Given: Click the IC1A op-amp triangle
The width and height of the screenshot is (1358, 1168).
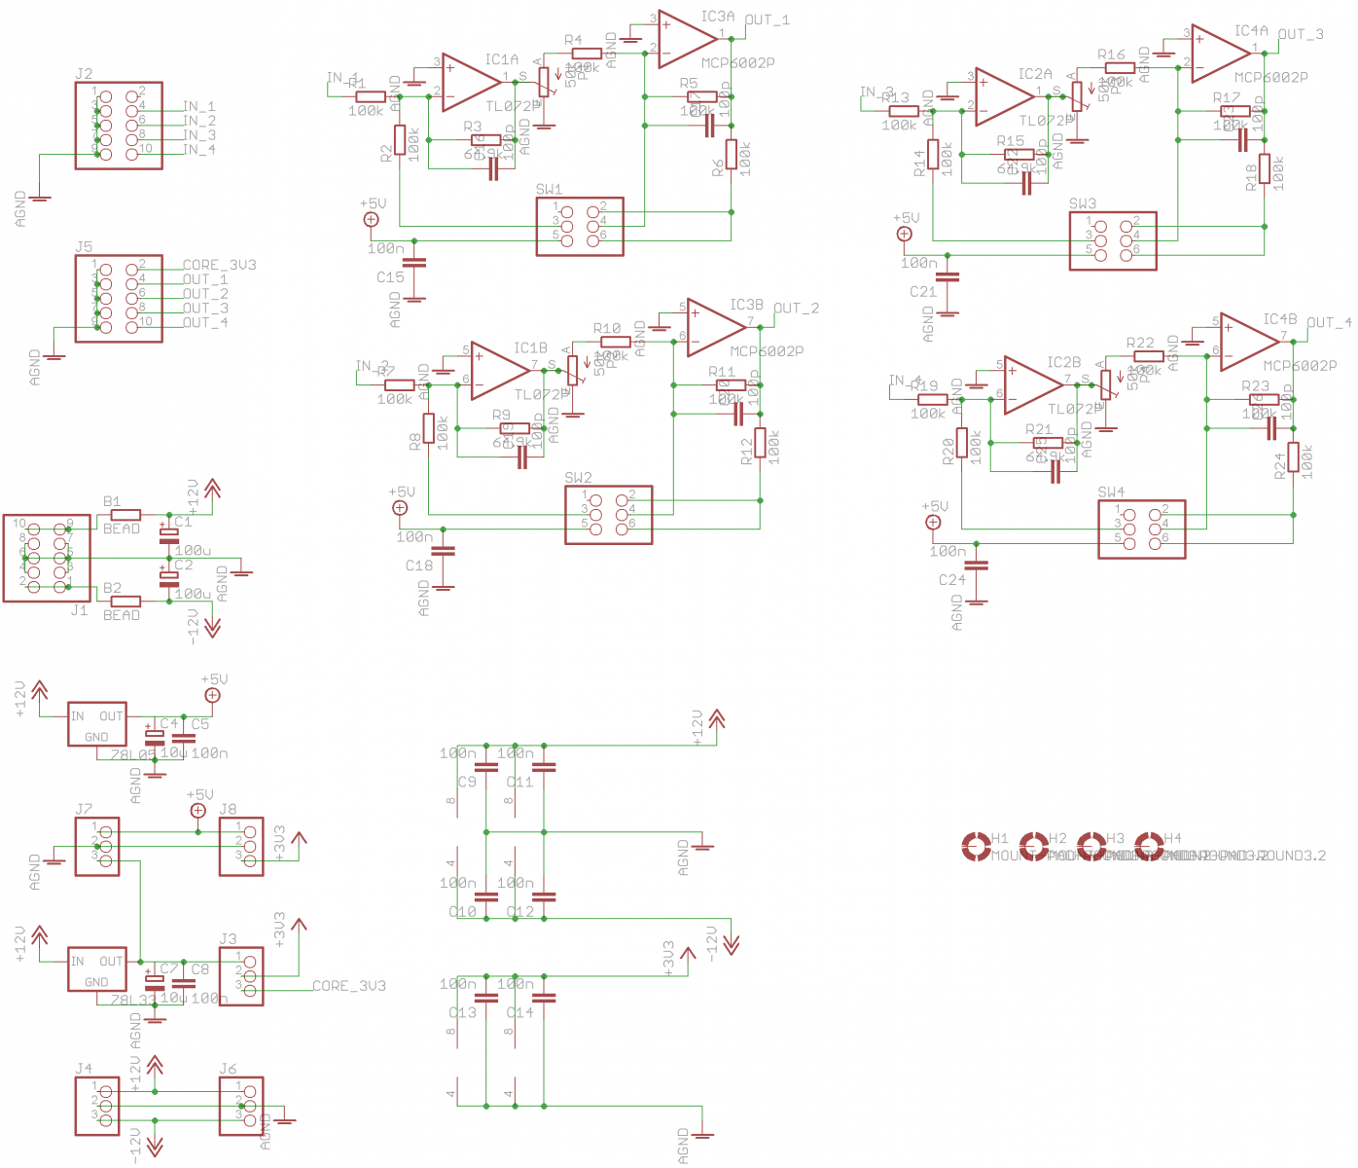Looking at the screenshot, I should (469, 83).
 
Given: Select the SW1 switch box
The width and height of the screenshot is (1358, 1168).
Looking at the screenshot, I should (580, 227).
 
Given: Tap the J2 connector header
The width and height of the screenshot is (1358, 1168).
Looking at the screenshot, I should (119, 126).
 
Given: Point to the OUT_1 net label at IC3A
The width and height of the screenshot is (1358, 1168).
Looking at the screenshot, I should (768, 19).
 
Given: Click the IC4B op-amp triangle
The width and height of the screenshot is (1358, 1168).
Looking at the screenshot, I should (1247, 342).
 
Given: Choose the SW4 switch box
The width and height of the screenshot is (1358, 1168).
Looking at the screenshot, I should (1141, 529).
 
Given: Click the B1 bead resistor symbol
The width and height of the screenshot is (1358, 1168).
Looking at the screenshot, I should (125, 515).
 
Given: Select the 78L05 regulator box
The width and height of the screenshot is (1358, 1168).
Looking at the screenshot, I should (96, 724).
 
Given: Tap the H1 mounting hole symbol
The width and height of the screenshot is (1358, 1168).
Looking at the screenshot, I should (975, 847).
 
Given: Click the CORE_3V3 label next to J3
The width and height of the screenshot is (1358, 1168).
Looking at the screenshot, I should (348, 986).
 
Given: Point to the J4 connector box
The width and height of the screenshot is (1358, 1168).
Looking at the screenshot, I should (97, 1106).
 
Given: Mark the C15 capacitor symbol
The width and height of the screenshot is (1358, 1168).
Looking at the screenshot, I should (414, 262).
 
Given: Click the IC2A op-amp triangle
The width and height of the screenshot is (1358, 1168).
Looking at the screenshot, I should (1003, 96).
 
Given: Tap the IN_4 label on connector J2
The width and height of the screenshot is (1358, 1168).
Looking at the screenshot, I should (199, 149).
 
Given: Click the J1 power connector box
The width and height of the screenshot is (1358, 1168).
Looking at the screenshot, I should (47, 559).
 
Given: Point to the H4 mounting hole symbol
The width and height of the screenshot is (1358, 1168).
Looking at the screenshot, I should (1149, 847).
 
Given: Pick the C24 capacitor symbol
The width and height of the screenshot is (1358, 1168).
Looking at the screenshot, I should (977, 566).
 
